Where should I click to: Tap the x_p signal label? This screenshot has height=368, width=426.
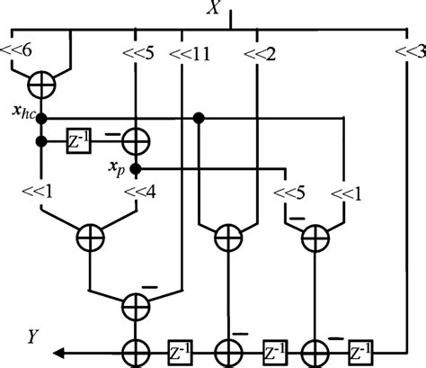pos(115,167)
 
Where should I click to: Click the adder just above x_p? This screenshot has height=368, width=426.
pos(137,141)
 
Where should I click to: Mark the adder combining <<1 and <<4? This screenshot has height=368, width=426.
pos(90,238)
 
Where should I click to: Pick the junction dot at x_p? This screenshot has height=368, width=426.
pos(136,167)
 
